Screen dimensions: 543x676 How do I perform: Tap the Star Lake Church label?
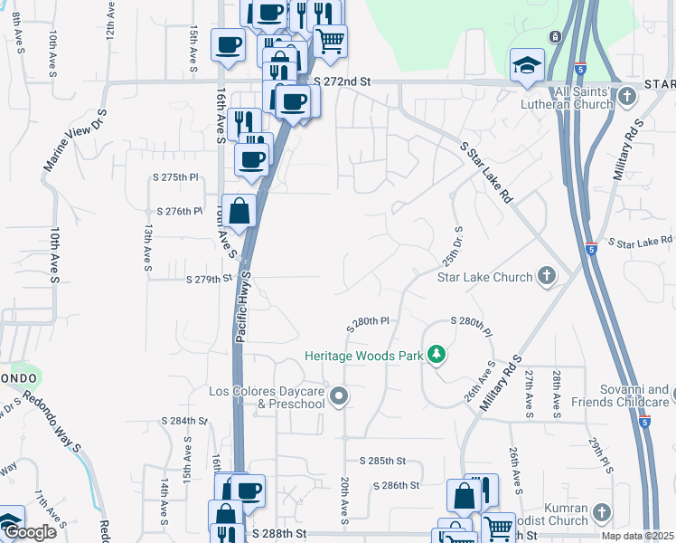[x=484, y=277]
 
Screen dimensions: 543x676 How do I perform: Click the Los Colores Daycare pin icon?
[x=339, y=395]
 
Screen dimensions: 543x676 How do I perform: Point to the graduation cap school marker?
[x=526, y=65]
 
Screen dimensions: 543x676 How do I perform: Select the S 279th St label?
[x=210, y=280]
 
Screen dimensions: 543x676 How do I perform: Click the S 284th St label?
[x=184, y=421]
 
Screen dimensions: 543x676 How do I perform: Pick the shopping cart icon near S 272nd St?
[x=330, y=40]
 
